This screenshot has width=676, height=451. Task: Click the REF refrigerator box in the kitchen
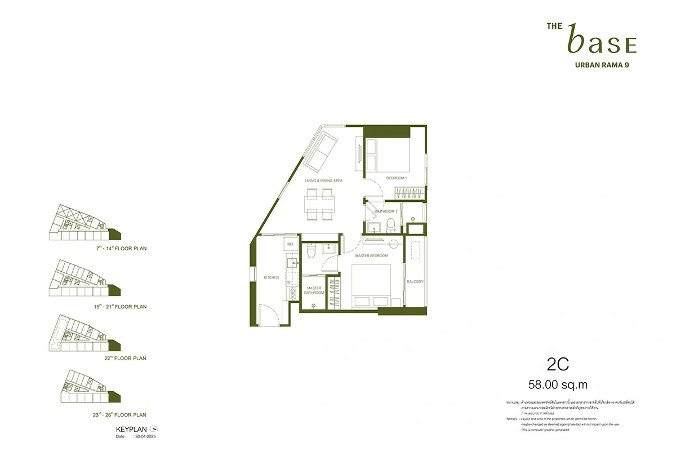(x=291, y=244)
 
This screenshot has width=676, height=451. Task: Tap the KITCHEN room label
(x=272, y=277)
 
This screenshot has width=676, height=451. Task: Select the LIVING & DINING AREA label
(x=324, y=180)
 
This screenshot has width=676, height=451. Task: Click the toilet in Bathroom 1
(x=390, y=225)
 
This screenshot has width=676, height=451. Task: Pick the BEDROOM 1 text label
(x=396, y=178)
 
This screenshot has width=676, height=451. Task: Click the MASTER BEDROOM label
(x=371, y=256)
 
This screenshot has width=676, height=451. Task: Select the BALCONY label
(x=415, y=281)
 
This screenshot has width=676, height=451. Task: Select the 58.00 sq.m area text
(x=558, y=385)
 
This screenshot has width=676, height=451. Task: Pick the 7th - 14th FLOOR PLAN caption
(x=121, y=247)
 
